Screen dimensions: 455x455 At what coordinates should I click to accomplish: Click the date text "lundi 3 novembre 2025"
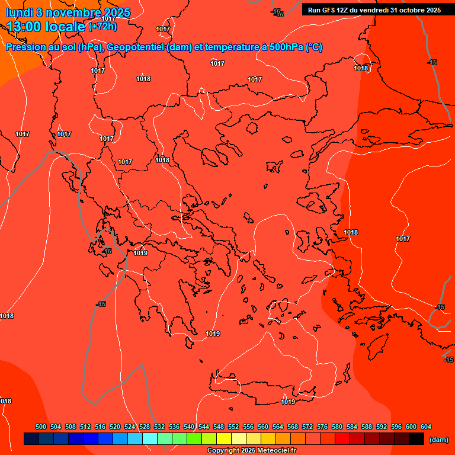(68, 12)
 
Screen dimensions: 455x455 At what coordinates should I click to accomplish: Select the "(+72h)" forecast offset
(102, 27)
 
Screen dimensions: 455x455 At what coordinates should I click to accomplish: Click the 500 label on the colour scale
(41, 427)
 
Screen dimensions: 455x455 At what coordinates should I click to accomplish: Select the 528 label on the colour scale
(145, 427)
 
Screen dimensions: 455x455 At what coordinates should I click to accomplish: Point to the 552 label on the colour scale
(233, 427)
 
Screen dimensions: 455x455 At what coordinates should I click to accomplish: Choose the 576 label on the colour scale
(322, 427)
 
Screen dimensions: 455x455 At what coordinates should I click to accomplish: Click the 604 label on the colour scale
(426, 427)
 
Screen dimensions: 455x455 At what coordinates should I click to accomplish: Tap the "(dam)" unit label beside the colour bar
(438, 439)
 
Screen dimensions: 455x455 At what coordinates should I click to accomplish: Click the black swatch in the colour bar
(416, 439)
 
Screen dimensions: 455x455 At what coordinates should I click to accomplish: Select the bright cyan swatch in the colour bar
(150, 439)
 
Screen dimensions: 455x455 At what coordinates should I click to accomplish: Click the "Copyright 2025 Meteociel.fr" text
(251, 451)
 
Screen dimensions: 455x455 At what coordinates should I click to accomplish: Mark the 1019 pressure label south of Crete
(288, 402)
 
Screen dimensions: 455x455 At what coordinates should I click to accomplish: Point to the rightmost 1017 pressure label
(403, 239)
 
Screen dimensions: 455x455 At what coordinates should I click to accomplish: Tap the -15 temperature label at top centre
(277, 12)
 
